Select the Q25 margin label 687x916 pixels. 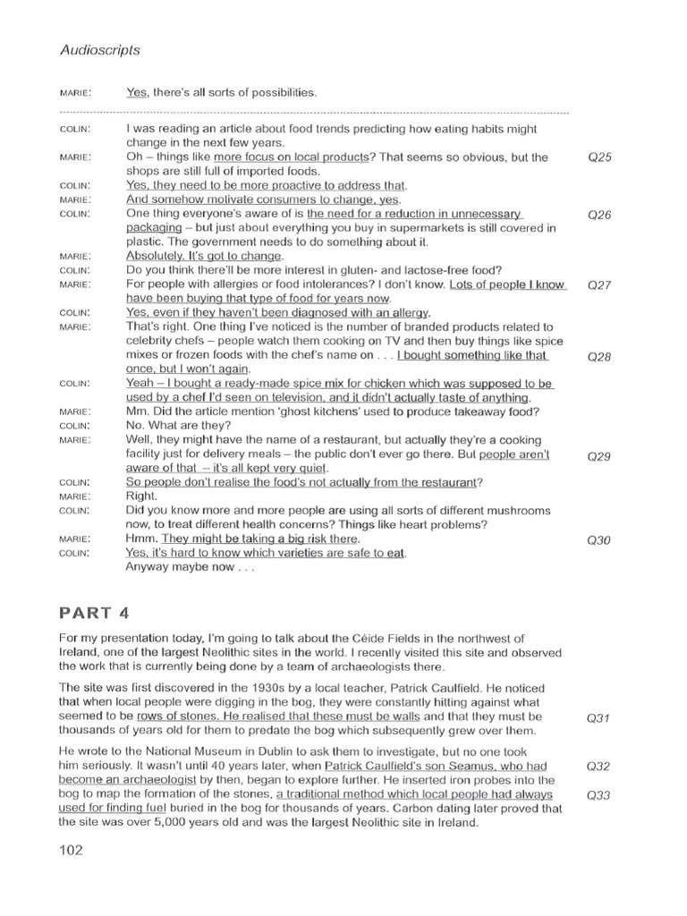598,157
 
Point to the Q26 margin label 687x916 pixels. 598,215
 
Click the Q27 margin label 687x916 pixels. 598,284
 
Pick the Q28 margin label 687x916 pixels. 598,355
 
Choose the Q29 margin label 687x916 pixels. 598,455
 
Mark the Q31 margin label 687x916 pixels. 598,717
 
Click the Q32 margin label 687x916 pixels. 598,767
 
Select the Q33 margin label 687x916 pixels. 598,794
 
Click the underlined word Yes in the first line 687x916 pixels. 136,92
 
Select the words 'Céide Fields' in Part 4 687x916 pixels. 458,638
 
